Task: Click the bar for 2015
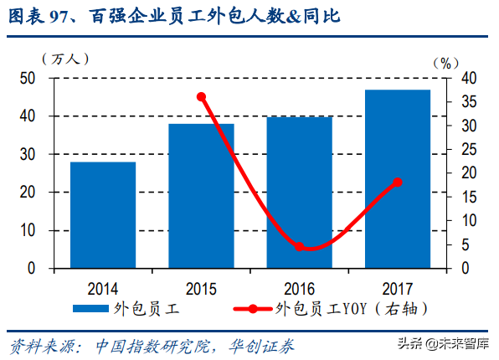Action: click(x=201, y=196)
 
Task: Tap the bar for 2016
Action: click(x=300, y=193)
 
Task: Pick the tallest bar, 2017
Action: click(x=398, y=179)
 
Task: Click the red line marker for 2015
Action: click(x=201, y=97)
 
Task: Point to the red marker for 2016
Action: click(x=300, y=247)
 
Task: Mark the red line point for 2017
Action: click(x=398, y=182)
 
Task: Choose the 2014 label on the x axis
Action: click(x=103, y=287)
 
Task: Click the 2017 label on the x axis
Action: click(x=398, y=287)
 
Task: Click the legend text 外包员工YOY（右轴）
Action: click(x=352, y=309)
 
